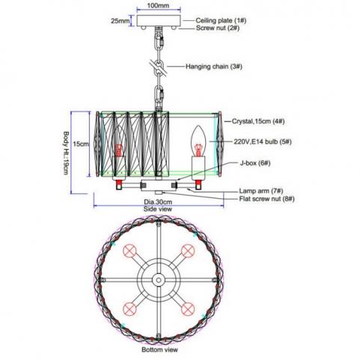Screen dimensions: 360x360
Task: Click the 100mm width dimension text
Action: tap(158, 5)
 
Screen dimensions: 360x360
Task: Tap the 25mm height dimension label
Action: tap(120, 20)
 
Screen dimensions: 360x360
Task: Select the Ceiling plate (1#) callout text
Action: tap(221, 20)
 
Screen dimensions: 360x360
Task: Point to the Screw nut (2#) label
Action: tap(218, 28)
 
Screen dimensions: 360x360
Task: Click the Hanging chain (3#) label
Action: tap(214, 67)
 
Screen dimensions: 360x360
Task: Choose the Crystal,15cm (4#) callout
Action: tap(258, 121)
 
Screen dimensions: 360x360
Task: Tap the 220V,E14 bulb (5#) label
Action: tap(263, 141)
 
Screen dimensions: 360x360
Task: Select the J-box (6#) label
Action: tap(255, 163)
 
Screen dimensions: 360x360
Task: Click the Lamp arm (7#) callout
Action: tap(261, 191)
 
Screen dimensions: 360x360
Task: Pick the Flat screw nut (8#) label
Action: tap(266, 199)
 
